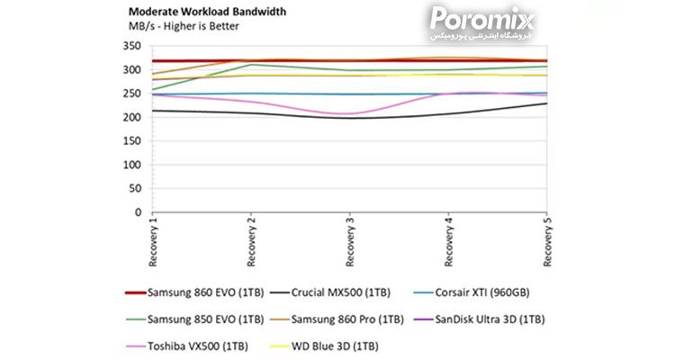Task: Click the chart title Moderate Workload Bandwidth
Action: (x=207, y=12)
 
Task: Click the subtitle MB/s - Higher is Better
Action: (x=184, y=26)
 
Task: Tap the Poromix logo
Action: (x=481, y=23)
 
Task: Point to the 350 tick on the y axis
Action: (x=131, y=46)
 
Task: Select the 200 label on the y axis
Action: (x=131, y=117)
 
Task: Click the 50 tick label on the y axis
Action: (x=135, y=188)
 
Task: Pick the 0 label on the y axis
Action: (x=138, y=211)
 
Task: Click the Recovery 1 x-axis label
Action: (x=153, y=241)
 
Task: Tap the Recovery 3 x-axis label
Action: (x=349, y=241)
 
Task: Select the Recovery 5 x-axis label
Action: (x=547, y=241)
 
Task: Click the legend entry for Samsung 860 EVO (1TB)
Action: (x=194, y=292)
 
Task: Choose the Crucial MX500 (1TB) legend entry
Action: (x=330, y=292)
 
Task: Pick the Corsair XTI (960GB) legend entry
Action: (x=472, y=292)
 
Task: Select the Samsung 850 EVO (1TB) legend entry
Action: (x=194, y=319)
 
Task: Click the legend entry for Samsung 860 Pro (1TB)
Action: (x=337, y=319)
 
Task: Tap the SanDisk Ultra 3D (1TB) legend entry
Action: (x=479, y=319)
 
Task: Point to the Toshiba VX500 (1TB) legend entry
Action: (x=187, y=346)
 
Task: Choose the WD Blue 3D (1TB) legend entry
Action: (x=324, y=346)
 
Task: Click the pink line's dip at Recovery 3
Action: (x=349, y=113)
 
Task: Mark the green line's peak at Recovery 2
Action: (x=251, y=65)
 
